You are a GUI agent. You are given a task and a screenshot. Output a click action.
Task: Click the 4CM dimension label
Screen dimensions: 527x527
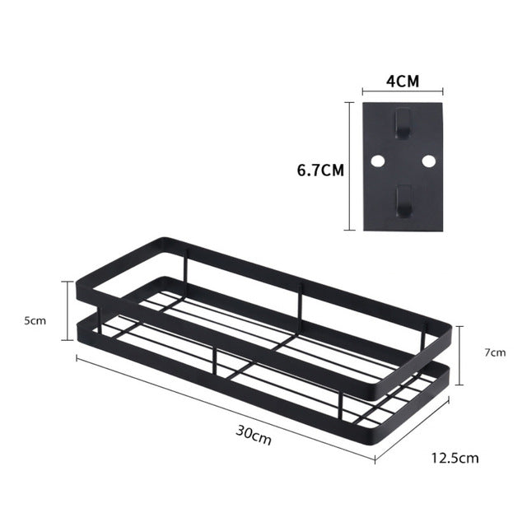(402, 82)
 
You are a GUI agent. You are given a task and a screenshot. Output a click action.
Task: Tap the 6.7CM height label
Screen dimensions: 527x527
(320, 170)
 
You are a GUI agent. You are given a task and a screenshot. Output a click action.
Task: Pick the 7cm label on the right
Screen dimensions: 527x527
(495, 352)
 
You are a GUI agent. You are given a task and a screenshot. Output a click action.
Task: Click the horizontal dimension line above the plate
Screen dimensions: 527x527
(402, 93)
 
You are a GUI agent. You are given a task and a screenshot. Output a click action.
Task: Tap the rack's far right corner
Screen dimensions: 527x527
(449, 323)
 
